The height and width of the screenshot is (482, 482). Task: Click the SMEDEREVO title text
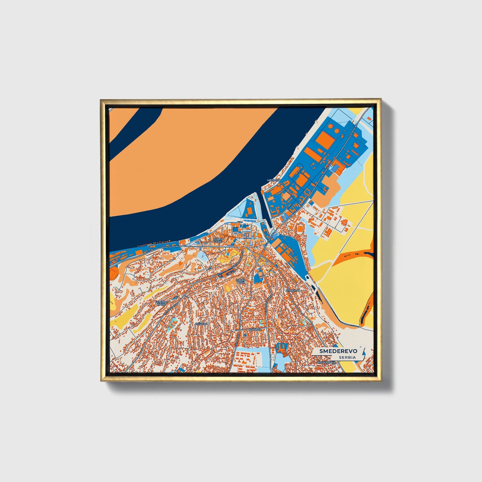(x=338, y=351)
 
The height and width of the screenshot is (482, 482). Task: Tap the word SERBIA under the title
(x=347, y=357)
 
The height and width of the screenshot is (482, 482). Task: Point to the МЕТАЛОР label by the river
(x=274, y=180)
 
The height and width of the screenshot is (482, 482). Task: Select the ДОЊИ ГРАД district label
(x=218, y=240)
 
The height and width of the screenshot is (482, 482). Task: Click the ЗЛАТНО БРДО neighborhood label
(x=161, y=303)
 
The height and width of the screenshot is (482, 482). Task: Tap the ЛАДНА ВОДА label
(x=241, y=281)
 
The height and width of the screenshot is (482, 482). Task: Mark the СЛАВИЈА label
(x=293, y=290)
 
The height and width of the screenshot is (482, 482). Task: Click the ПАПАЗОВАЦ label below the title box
(x=326, y=362)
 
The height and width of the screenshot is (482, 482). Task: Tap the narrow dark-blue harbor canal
(x=262, y=210)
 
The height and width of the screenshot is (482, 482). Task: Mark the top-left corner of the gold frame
(x=101, y=100)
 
